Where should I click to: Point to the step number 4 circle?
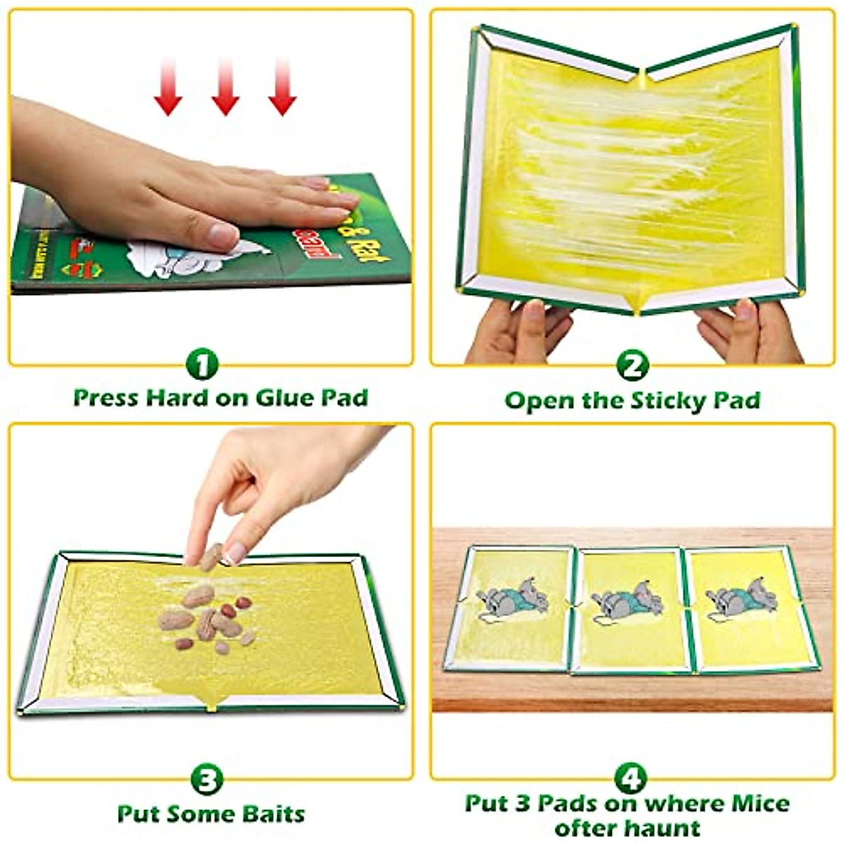631,778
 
